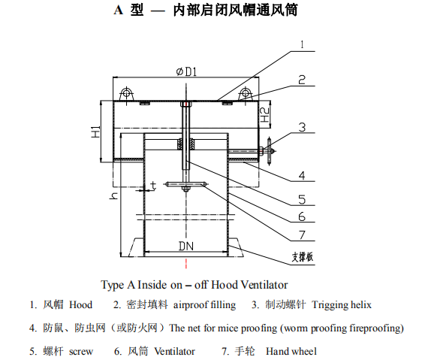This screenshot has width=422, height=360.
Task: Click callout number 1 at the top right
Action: [303, 44]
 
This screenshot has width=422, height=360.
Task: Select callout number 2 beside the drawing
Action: [302, 80]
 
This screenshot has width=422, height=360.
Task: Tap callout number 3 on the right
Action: [302, 127]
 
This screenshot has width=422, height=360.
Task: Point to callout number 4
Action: [302, 175]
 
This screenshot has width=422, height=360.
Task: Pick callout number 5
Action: [302, 200]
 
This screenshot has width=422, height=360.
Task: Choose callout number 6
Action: [302, 216]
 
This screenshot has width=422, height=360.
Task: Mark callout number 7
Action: [302, 235]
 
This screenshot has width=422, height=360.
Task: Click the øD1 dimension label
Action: [186, 71]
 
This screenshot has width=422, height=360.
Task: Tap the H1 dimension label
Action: [96, 132]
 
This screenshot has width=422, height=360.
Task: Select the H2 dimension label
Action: [265, 114]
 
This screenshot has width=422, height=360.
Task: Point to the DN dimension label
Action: [186, 246]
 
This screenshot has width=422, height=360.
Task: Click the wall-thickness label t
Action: [153, 186]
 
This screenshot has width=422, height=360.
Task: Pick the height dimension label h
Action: [113, 196]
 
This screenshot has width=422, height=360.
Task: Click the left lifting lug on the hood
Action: [126, 94]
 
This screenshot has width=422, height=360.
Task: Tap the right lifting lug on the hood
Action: [246, 94]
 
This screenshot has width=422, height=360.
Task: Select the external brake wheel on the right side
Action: [269, 150]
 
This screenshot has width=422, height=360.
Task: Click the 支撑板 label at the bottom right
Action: [303, 257]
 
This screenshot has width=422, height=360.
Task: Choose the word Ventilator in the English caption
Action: [264, 285]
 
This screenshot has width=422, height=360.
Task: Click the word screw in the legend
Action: [81, 352]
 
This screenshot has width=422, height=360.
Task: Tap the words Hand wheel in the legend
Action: [291, 351]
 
